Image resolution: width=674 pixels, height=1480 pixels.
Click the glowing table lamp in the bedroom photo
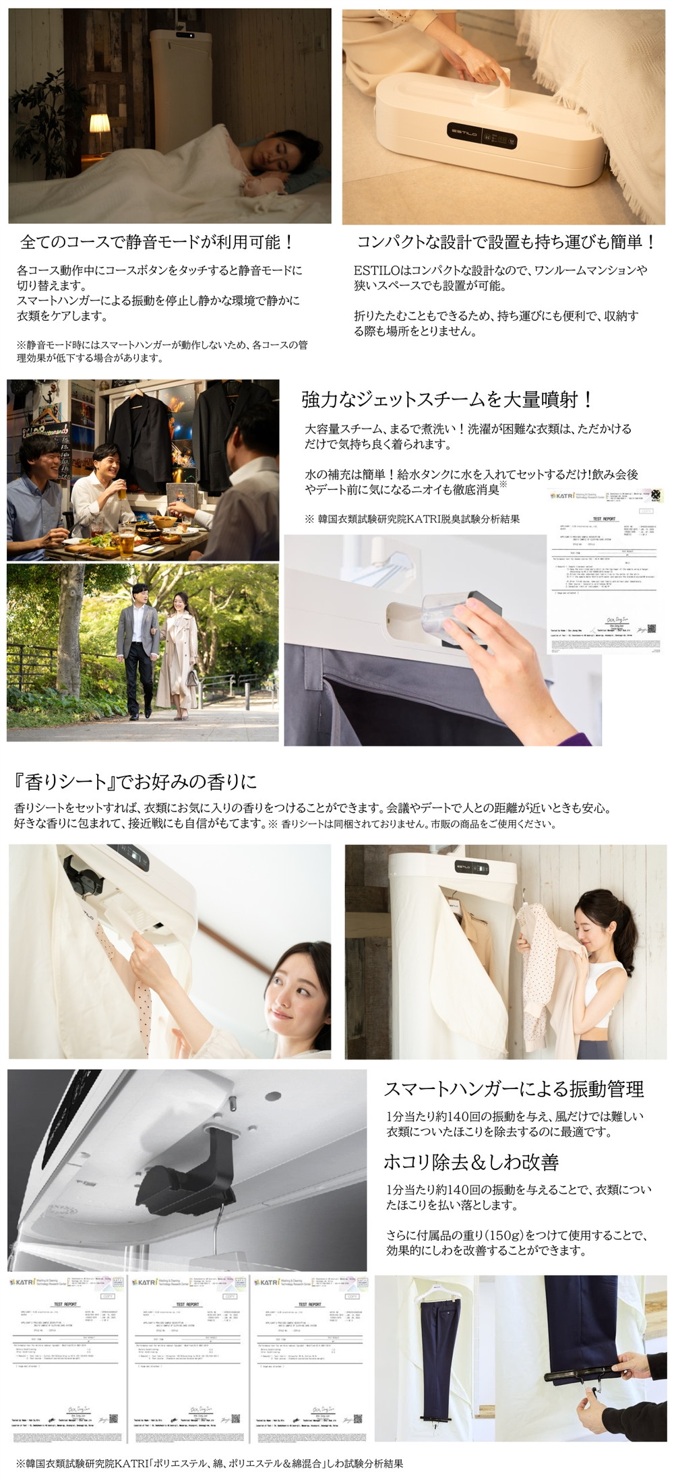[99, 125]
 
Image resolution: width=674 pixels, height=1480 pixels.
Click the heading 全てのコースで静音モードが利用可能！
[157, 241]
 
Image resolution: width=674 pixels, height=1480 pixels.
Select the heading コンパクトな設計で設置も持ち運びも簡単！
[506, 241]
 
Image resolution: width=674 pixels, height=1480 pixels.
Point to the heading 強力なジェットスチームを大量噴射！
[447, 399]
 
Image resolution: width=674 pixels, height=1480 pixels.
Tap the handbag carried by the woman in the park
[193, 675]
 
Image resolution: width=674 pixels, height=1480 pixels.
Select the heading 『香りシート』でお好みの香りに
[135, 782]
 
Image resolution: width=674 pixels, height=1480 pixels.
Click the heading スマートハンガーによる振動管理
[514, 1088]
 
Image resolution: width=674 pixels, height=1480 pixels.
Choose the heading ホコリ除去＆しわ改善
[470, 1162]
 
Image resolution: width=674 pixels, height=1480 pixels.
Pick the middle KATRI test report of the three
[188, 1359]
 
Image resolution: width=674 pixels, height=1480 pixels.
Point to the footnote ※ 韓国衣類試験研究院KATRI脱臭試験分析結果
[412, 519]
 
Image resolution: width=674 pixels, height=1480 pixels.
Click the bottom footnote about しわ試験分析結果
[210, 1463]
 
